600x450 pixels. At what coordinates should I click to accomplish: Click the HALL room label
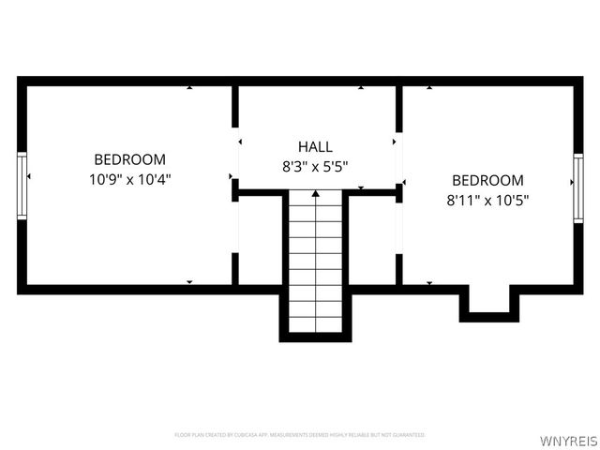[315, 146]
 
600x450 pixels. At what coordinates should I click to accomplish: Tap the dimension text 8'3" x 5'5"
[316, 166]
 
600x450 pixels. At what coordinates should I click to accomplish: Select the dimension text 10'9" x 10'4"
[129, 177]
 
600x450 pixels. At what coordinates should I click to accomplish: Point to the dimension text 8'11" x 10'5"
[487, 199]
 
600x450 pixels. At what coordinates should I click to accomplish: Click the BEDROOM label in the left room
[129, 159]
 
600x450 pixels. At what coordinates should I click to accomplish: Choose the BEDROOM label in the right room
[487, 180]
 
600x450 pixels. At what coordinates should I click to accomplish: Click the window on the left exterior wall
[22, 186]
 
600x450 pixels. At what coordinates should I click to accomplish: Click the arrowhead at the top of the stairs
[316, 194]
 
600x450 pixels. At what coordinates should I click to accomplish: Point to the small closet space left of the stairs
[261, 239]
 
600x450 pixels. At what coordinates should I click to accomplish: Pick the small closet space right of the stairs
[372, 239]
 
